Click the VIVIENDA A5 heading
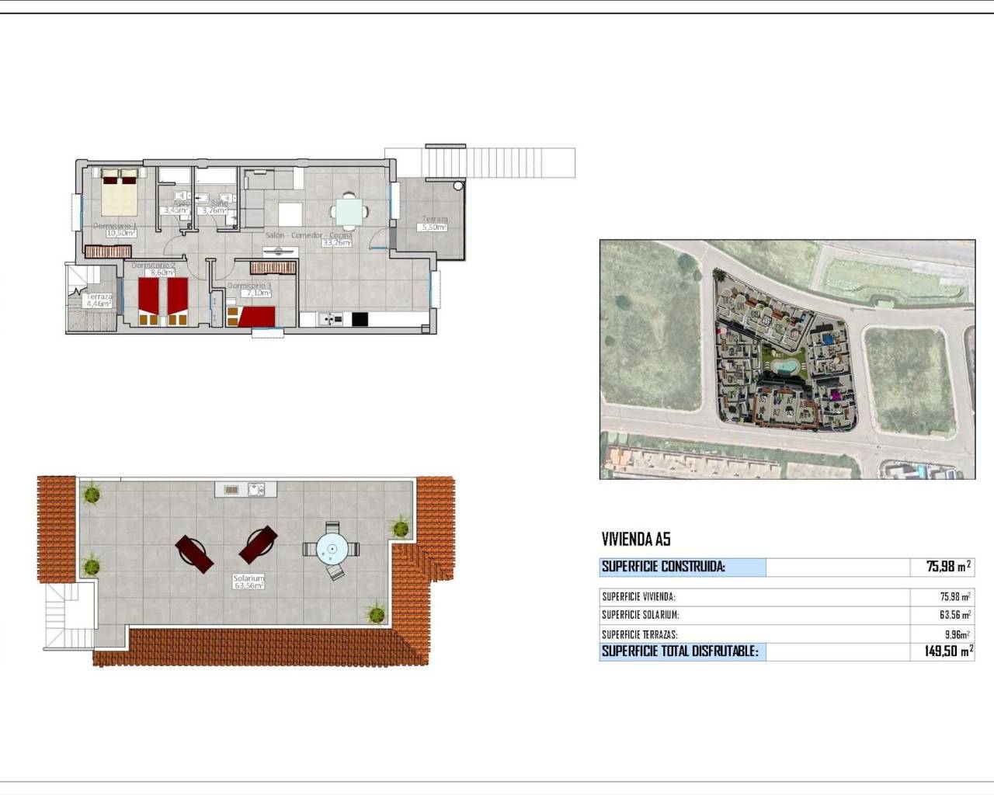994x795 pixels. pos(635,540)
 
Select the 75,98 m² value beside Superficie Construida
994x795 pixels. pos(947,567)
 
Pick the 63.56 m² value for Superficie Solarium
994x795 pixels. pos(954,615)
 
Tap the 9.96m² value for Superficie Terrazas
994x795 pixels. pos(957,634)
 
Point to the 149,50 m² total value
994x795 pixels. pos(947,651)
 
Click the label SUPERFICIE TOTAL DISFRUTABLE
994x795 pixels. pos(679,651)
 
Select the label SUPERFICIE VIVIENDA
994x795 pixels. pos(638,597)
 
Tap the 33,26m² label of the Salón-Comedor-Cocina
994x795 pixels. pos(336,243)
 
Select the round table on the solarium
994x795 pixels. pos(332,549)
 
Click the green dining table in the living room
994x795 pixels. pos(348,210)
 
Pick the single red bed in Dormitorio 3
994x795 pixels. pos(255,316)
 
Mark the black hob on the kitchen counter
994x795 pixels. pos(360,318)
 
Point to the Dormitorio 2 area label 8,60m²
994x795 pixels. pos(162,273)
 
